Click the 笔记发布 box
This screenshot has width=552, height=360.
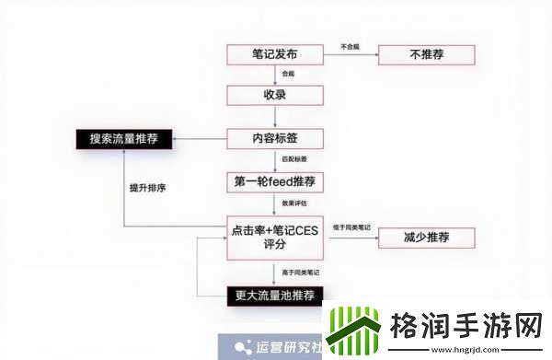(274, 54)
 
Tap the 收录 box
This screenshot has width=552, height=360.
(274, 96)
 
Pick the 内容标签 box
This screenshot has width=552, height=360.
(274, 139)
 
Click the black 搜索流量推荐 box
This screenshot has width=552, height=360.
(122, 139)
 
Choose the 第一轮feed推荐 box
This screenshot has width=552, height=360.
(274, 181)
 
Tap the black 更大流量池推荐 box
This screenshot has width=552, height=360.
(274, 296)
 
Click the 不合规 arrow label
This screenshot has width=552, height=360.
(350, 45)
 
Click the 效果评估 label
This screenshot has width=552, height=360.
(294, 203)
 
